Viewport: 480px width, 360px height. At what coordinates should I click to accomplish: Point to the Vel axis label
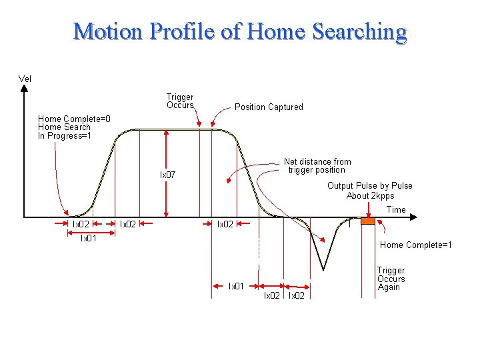[25, 79]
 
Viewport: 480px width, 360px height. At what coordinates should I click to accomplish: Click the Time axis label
[396, 209]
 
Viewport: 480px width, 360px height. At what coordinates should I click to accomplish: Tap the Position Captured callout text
[269, 107]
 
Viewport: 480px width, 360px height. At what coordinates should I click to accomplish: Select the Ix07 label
[167, 175]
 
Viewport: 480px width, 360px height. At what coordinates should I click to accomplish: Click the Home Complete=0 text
[74, 119]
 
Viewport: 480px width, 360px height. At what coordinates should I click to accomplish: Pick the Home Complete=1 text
[416, 245]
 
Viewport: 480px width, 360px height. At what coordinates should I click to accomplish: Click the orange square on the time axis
[368, 220]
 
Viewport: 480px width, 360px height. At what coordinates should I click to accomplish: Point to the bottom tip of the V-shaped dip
[324, 269]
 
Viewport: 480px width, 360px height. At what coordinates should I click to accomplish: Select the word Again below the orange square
[389, 287]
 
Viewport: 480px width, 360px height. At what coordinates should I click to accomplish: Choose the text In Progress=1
[65, 136]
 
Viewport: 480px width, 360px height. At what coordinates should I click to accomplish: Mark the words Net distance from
[317, 161]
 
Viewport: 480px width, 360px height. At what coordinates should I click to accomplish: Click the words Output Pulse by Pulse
[370, 186]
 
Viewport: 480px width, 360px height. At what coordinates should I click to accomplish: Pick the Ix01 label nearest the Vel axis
[89, 238]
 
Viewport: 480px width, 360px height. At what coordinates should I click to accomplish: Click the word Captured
[286, 107]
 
